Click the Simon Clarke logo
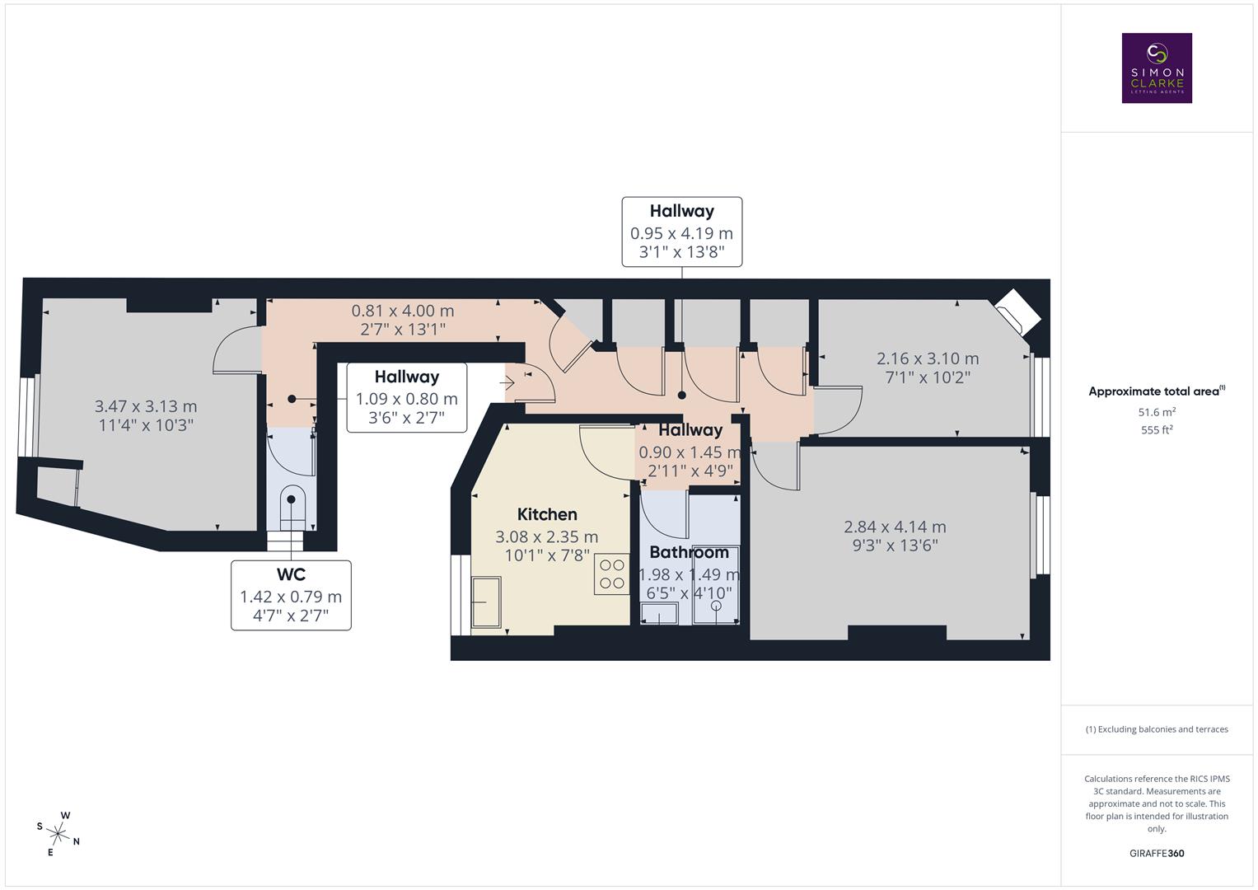(1157, 68)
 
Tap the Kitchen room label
(547, 515)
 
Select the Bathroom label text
(689, 552)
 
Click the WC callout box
(291, 595)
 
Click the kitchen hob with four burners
(612, 574)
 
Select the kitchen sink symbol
(486, 602)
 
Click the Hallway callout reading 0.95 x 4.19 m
(681, 232)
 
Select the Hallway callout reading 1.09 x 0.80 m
(406, 397)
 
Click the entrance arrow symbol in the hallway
(507, 382)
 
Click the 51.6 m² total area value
(1157, 411)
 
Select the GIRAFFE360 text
(1157, 853)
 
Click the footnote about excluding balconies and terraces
(1157, 729)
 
